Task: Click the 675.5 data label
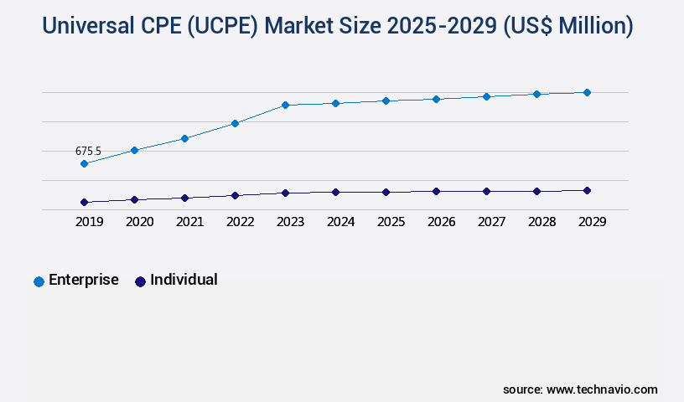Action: click(x=88, y=152)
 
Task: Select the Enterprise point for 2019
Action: click(x=84, y=164)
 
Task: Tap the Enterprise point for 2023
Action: click(x=285, y=106)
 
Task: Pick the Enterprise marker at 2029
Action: click(x=587, y=92)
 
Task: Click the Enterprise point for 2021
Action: click(x=184, y=138)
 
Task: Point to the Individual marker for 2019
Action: click(x=84, y=202)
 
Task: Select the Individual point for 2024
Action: click(x=335, y=192)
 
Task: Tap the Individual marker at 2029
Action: click(x=587, y=190)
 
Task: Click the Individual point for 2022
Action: click(x=235, y=195)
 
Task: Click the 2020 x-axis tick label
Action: click(x=139, y=222)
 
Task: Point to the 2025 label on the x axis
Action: click(x=391, y=222)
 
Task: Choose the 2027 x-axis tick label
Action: click(x=491, y=222)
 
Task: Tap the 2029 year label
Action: click(x=592, y=222)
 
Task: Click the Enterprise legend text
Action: click(x=84, y=280)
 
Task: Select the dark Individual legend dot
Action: click(x=140, y=281)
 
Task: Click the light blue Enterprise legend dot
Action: click(x=39, y=281)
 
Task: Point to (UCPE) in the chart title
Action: click(x=216, y=27)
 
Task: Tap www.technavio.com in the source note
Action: click(x=602, y=389)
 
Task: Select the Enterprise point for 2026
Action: click(x=436, y=99)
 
